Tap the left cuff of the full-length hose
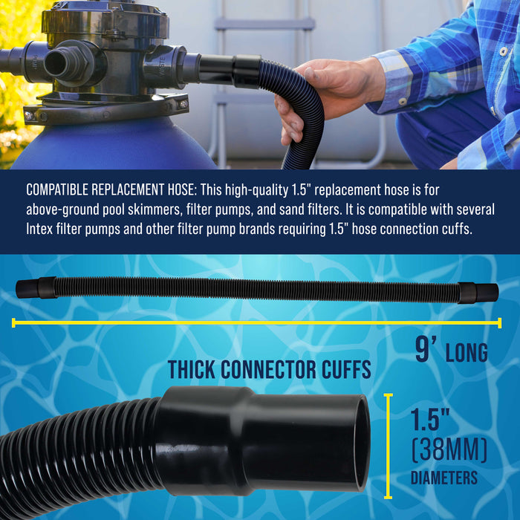[37, 287]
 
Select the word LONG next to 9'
[467, 353]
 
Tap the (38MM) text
[449, 449]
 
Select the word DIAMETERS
[444, 478]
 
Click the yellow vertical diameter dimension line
[388, 446]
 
